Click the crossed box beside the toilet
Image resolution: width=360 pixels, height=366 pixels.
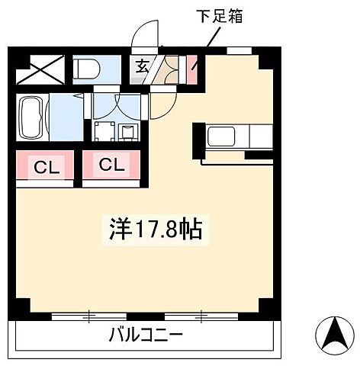[41, 70]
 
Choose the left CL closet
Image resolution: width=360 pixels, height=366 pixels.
[44, 165]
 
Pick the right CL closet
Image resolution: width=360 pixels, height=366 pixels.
[111, 165]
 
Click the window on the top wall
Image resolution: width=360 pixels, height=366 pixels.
[239, 50]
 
